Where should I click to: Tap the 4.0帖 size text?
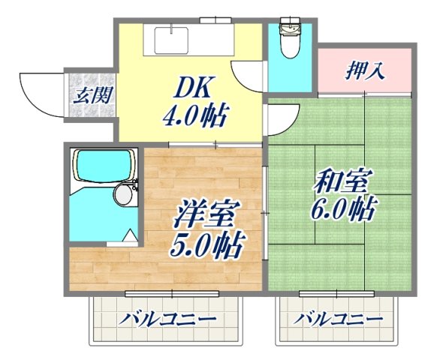[195, 116]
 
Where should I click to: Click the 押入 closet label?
[365, 72]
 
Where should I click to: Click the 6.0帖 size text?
[342, 208]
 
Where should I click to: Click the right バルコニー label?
[338, 319]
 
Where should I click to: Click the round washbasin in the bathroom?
[123, 195]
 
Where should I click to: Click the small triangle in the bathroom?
[129, 238]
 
